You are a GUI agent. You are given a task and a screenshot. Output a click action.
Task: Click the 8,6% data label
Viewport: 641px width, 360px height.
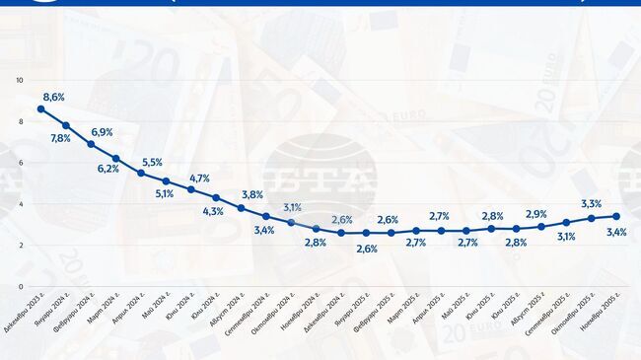[53, 97]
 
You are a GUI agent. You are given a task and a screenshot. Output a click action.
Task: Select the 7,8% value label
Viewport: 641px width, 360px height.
[60, 139]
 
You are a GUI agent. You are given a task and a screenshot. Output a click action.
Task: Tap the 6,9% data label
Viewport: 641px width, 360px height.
[102, 132]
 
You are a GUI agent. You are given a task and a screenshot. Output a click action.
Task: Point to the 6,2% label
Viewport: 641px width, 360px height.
[108, 169]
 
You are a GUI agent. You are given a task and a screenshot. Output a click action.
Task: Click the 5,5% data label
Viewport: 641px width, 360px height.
[153, 162]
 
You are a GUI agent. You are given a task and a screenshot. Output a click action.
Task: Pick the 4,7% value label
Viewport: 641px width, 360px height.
[199, 179]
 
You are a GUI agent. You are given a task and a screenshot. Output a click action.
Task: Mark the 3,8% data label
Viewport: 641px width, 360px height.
[252, 195]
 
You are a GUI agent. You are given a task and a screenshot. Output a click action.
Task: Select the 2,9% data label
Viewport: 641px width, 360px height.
[536, 214]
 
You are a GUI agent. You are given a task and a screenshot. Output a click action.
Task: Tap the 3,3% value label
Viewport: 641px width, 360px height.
[593, 204]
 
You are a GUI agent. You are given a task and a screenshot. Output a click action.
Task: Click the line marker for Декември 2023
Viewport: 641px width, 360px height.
[40, 108]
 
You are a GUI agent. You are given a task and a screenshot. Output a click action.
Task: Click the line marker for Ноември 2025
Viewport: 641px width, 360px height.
[616, 216]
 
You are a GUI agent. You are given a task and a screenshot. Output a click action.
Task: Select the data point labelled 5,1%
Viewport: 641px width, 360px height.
[166, 181]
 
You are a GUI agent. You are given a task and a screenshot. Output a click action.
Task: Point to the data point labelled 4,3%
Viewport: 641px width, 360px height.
[216, 197]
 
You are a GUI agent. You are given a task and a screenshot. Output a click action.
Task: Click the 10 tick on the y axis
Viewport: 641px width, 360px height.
[20, 80]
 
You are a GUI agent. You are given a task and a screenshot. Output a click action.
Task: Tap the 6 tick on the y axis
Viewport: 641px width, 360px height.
[20, 163]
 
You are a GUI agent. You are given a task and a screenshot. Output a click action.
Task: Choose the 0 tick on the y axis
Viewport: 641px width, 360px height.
[20, 287]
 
